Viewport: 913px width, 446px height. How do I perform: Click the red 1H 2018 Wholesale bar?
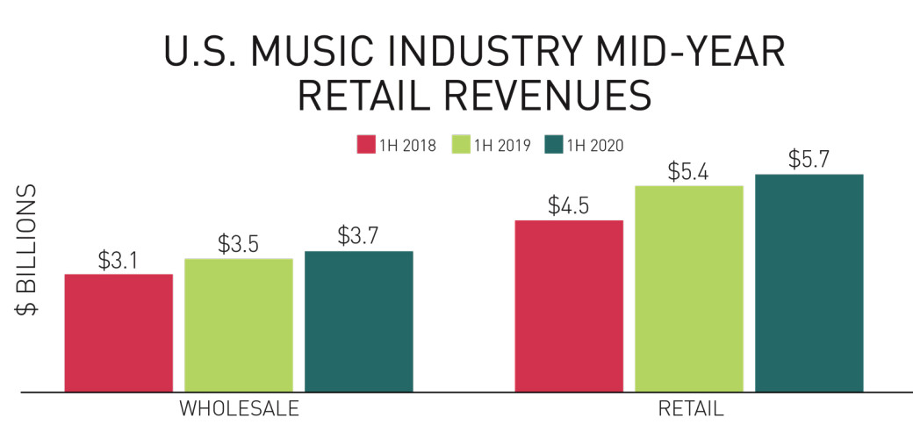point(119,333)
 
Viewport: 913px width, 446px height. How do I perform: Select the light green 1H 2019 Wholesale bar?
point(239,325)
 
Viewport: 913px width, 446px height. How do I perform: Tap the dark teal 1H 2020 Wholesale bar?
point(358,321)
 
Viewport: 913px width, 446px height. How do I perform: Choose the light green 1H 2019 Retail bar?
point(689,289)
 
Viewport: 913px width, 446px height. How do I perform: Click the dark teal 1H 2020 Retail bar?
point(809,283)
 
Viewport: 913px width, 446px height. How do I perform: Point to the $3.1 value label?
point(119,261)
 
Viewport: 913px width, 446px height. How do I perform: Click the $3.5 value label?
point(239,244)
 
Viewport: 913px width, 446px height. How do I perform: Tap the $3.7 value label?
point(358,237)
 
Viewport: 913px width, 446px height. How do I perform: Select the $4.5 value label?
point(569,205)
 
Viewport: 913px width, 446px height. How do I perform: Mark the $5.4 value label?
point(689,171)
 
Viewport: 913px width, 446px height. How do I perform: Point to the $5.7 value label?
point(809,160)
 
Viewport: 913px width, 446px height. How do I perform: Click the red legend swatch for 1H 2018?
point(366,145)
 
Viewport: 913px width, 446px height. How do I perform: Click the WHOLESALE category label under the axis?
point(239,410)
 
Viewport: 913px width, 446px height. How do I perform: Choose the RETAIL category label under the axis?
point(689,410)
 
